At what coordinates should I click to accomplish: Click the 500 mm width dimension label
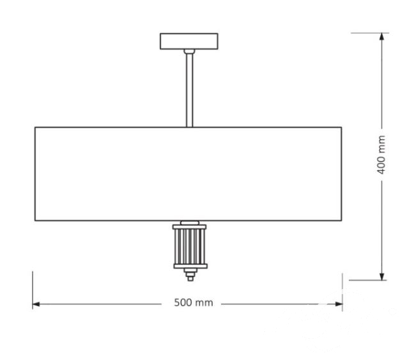pyautogui.click(x=194, y=303)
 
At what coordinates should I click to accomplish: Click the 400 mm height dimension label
pyautogui.click(x=382, y=155)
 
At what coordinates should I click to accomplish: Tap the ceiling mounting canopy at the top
pyautogui.click(x=189, y=41)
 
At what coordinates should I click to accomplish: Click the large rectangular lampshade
pyautogui.click(x=188, y=174)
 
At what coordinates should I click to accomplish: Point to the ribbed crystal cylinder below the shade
pyautogui.click(x=190, y=247)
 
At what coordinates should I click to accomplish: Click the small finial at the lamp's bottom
pyautogui.click(x=190, y=275)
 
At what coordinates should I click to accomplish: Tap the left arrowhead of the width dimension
pyautogui.click(x=36, y=304)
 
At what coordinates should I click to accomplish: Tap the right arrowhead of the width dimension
pyautogui.click(x=339, y=304)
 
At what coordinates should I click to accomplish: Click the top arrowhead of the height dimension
pyautogui.click(x=382, y=36)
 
